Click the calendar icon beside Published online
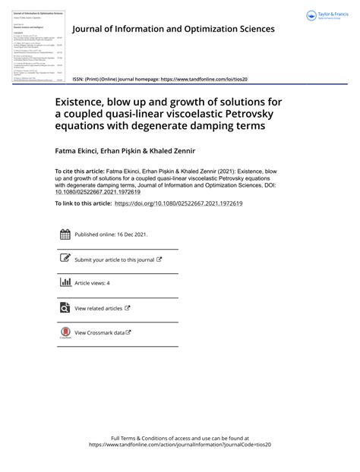coord(65,235)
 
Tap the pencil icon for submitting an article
coord(65,259)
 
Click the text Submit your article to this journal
coord(114,260)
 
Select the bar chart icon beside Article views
coord(65,283)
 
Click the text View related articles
coord(98,308)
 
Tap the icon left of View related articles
coord(65,307)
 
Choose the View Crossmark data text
coord(99,332)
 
